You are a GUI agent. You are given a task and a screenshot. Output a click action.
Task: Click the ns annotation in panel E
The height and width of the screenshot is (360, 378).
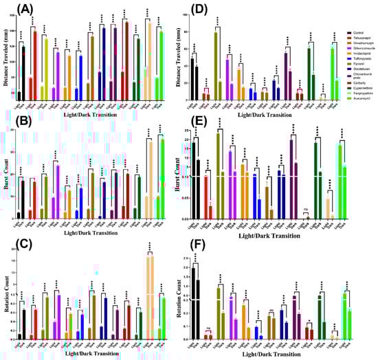(x=306, y=214)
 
